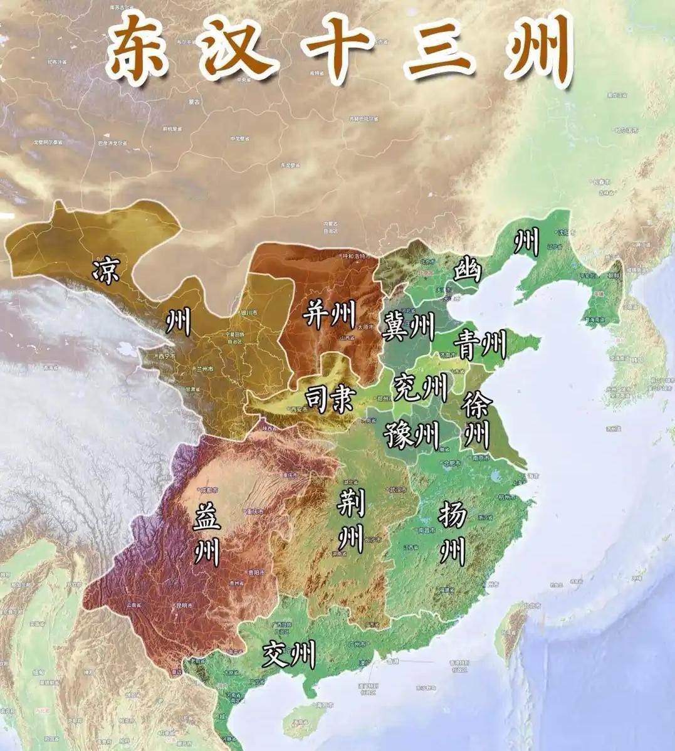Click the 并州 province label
tap(328, 313)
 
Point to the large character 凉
tap(105, 271)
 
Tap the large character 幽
tap(467, 270)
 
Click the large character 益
tap(207, 517)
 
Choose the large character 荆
tap(348, 503)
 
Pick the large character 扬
tap(452, 515)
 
